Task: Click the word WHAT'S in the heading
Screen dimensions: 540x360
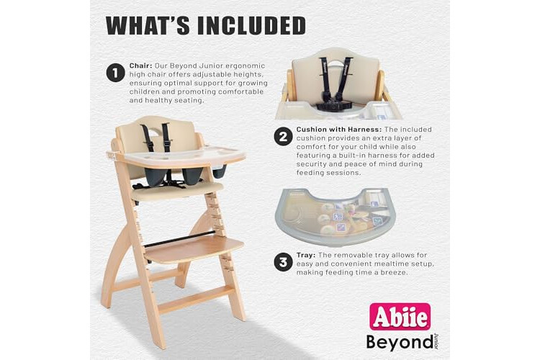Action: (x=147, y=25)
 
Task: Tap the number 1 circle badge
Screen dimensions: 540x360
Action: (x=115, y=73)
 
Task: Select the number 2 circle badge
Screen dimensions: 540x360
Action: (x=283, y=136)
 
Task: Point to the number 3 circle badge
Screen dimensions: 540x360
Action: (x=283, y=262)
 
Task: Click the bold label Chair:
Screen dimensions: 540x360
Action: (x=141, y=66)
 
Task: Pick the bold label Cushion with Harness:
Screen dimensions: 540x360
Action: (x=339, y=130)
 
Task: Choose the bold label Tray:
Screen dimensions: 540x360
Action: (x=306, y=256)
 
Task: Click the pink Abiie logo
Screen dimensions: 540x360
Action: (x=400, y=317)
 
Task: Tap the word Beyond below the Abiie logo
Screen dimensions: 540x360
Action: (x=400, y=342)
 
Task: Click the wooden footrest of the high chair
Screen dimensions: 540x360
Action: (x=194, y=248)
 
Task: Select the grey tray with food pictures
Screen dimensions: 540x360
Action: (x=335, y=216)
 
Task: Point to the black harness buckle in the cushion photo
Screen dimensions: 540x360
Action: (x=331, y=104)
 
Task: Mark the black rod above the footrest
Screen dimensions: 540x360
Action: (x=180, y=239)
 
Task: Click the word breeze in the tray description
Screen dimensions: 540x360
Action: (x=396, y=272)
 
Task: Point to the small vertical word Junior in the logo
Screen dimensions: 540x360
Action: (x=436, y=341)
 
